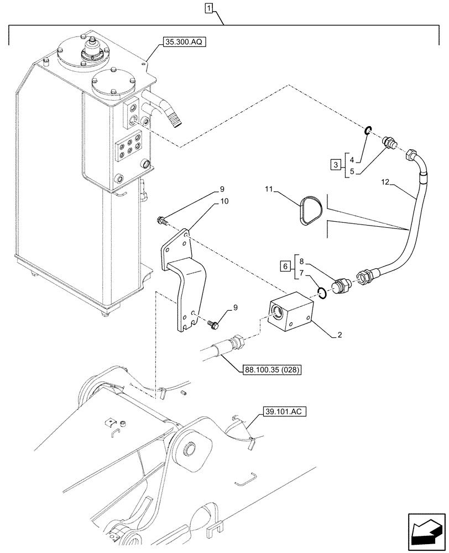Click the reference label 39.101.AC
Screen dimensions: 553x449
(278, 411)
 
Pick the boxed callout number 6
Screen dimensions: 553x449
(284, 267)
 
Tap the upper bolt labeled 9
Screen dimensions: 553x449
(162, 222)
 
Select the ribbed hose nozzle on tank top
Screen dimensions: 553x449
(173, 117)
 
